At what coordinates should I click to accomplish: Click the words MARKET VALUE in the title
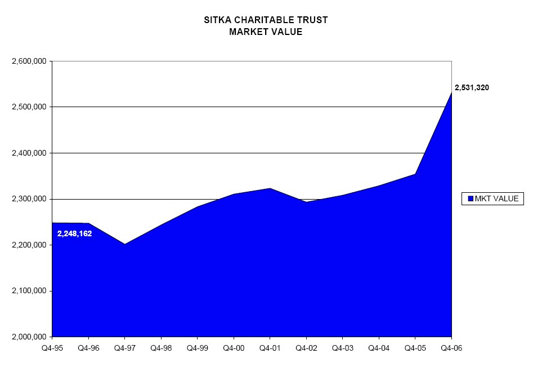(x=266, y=32)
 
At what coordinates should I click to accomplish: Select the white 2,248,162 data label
(x=75, y=233)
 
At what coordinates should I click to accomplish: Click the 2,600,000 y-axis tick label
(x=29, y=61)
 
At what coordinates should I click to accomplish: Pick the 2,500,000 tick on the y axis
(x=29, y=107)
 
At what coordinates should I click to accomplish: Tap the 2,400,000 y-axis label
(x=29, y=153)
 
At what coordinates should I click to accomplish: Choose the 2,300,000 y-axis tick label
(x=29, y=199)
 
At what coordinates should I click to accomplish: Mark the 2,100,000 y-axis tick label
(x=29, y=291)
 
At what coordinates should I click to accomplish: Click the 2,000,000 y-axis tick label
(x=29, y=337)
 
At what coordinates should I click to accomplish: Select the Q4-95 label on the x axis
(x=52, y=348)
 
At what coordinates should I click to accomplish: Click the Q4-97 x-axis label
(x=124, y=348)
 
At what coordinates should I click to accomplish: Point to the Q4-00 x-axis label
(x=234, y=348)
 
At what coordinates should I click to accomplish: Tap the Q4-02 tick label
(x=306, y=348)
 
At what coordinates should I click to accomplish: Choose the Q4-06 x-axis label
(x=451, y=348)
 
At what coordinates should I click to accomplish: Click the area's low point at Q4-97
(x=124, y=244)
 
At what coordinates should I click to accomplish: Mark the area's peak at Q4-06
(x=451, y=93)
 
